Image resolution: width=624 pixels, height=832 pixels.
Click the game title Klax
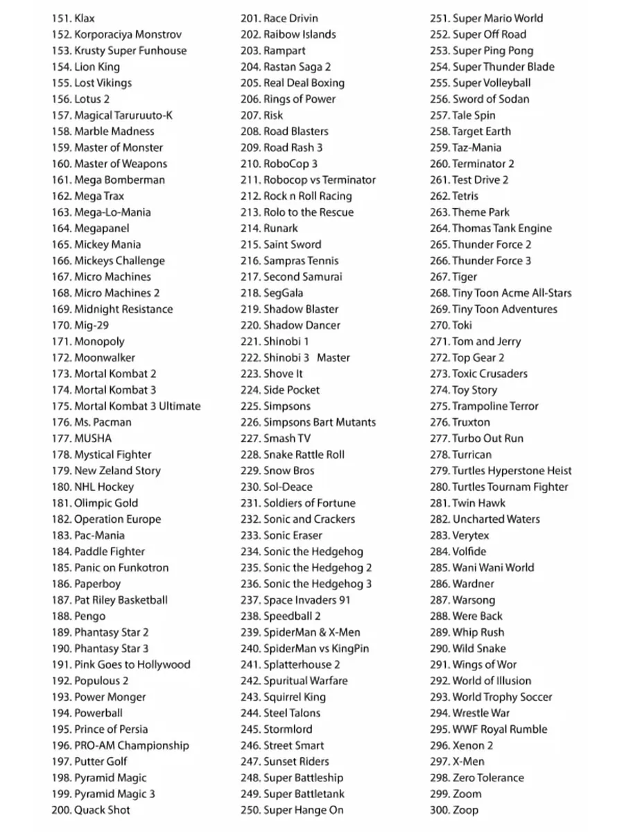[85, 18]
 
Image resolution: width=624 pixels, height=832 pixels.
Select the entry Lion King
[96, 67]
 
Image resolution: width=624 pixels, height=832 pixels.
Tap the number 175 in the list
[61, 406]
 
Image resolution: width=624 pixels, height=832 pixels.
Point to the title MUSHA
[92, 438]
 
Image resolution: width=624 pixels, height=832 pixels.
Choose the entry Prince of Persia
[111, 729]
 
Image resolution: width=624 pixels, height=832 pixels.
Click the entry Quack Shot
[102, 810]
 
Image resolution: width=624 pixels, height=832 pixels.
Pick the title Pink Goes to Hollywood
[132, 664]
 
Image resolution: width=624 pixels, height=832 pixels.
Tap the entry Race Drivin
[291, 18]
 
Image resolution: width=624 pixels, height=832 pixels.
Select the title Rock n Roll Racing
[307, 196]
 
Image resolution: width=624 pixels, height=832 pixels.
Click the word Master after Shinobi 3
[333, 358]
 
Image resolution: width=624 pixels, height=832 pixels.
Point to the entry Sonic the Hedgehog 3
[318, 584]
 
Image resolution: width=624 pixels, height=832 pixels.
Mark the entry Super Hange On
[303, 810]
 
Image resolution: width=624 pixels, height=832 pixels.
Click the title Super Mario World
[497, 18]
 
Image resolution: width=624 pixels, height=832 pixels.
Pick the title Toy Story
[474, 390]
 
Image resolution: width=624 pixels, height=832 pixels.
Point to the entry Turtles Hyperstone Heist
[512, 471]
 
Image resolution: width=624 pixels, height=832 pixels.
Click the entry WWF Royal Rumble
[499, 729]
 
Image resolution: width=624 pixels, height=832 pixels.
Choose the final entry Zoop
[465, 810]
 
